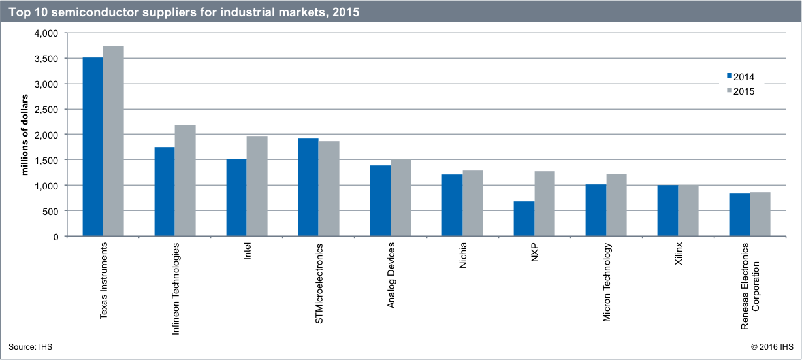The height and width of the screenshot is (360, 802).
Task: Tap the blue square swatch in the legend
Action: pyautogui.click(x=730, y=76)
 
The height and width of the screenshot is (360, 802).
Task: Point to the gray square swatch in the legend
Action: pyautogui.click(x=730, y=90)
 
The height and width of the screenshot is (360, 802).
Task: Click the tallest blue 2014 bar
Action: pyautogui.click(x=92, y=146)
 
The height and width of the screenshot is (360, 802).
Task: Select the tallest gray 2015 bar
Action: pyautogui.click(x=113, y=140)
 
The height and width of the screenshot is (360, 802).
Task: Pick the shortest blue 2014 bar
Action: pyautogui.click(x=523, y=218)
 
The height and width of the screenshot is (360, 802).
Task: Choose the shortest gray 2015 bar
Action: pyautogui.click(x=760, y=214)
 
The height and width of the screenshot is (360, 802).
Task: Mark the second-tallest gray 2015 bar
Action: pyautogui.click(x=185, y=180)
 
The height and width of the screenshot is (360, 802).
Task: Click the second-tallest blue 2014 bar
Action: pyautogui.click(x=308, y=186)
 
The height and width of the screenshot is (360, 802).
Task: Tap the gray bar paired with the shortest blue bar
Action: pyautogui.click(x=544, y=203)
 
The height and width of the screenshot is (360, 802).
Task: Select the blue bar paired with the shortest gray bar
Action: pyautogui.click(x=739, y=214)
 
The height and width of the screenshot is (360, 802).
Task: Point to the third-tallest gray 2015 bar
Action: pyautogui.click(x=257, y=186)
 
